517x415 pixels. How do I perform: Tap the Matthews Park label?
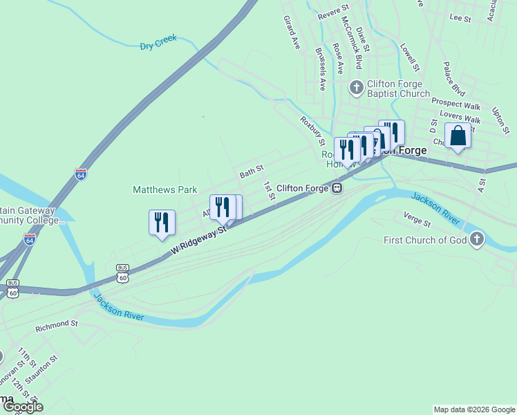(164, 190)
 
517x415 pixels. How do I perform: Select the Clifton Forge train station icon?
(337, 187)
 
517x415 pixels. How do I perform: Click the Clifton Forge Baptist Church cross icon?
(356, 88)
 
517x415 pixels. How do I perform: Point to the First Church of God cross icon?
(476, 240)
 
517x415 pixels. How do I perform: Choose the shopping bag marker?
(458, 136)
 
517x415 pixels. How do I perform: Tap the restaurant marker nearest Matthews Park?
(161, 223)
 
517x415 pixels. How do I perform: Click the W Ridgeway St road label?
(199, 238)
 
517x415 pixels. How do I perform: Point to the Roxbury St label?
(312, 129)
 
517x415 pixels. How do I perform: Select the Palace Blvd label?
(453, 78)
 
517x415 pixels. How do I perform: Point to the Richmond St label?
(57, 323)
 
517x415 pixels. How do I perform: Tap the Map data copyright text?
(474, 409)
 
